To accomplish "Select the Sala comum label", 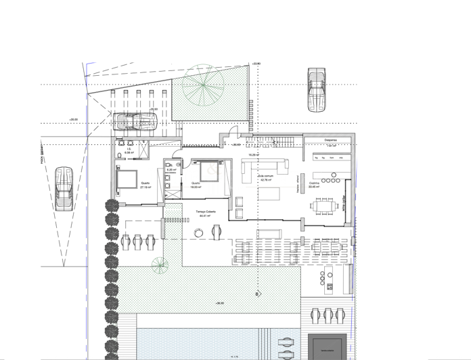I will (265, 177).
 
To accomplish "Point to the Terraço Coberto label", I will (206, 212).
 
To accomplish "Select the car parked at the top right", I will (316, 88).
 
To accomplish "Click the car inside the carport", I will (136, 121).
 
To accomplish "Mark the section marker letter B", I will (257, 294).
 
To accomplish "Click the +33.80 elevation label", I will (256, 64).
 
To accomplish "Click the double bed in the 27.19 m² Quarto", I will (127, 179).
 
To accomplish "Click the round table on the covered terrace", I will (198, 232).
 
